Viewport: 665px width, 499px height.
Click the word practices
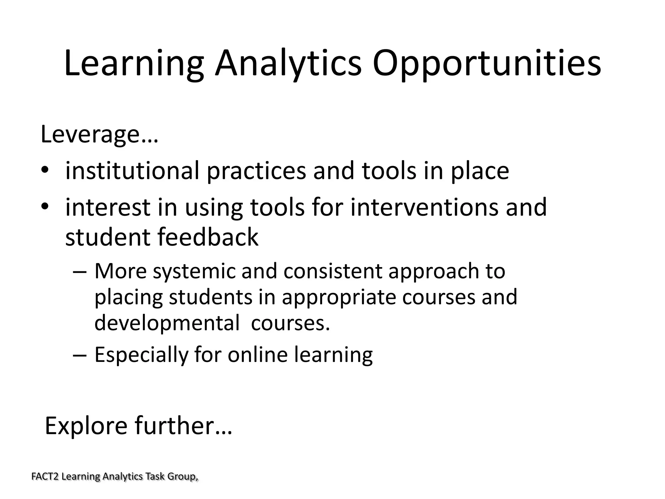coord(256,171)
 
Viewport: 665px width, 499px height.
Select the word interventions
coord(424,207)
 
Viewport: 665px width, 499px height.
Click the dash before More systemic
coord(80,271)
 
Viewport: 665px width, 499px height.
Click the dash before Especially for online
coord(80,355)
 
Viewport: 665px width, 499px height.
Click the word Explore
coord(86,426)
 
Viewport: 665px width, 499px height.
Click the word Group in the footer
coord(182,477)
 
